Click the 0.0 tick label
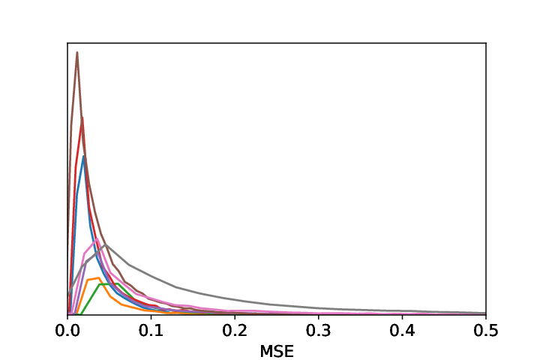pos(67,331)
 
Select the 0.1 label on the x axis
pos(151,331)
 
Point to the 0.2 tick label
pos(235,331)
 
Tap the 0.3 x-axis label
pos(319,331)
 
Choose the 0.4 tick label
pos(402,331)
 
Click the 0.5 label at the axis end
pos(486,331)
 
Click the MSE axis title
pos(277,352)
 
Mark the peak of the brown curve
pos(77,52)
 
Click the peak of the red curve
pos(82,118)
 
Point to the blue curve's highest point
pos(83,157)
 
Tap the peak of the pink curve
pos(97,239)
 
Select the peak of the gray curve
pos(106,244)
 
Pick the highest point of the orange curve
pos(99,277)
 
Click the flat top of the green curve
pos(109,283)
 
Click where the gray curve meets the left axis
pos(67,295)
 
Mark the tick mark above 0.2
pos(235,316)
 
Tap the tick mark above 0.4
pos(402,316)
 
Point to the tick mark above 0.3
pos(319,316)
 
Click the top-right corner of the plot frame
pos(486,43)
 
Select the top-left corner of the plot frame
pos(67,43)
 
